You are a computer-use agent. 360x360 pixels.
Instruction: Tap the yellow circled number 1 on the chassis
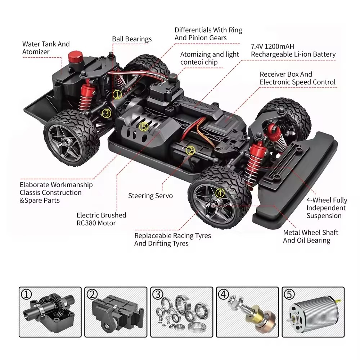coord(117,95)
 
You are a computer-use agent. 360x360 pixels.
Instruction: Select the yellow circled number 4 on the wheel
coord(220,193)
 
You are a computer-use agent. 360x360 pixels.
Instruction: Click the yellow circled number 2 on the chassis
coord(190,150)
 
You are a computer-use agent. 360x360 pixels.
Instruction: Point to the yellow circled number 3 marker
coord(106,113)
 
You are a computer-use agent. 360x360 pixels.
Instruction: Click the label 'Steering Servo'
coord(150,196)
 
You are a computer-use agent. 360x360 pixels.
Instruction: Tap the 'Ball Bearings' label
coord(132,39)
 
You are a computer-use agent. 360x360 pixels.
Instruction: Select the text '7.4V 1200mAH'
coord(273,47)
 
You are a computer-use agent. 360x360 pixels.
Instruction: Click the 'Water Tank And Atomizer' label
coord(46,48)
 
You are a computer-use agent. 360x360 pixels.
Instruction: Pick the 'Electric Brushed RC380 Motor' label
coord(102,219)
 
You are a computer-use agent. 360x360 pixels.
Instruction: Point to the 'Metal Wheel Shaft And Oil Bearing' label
coord(311,237)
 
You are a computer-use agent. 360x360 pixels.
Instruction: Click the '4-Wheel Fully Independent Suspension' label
coord(327,208)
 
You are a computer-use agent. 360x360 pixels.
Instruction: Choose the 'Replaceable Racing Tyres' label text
coord(173,236)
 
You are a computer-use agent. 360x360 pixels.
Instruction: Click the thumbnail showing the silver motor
coord(312,312)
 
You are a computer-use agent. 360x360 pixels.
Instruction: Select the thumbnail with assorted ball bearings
coord(181,312)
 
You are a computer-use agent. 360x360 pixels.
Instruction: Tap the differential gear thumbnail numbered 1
coord(50,312)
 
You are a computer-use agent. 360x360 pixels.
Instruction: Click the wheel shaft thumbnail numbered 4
coord(247,312)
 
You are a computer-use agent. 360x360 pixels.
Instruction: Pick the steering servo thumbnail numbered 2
coord(116,312)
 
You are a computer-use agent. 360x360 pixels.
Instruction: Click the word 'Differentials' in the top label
coord(193,30)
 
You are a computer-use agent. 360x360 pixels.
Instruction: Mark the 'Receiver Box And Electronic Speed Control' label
coord(297,78)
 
